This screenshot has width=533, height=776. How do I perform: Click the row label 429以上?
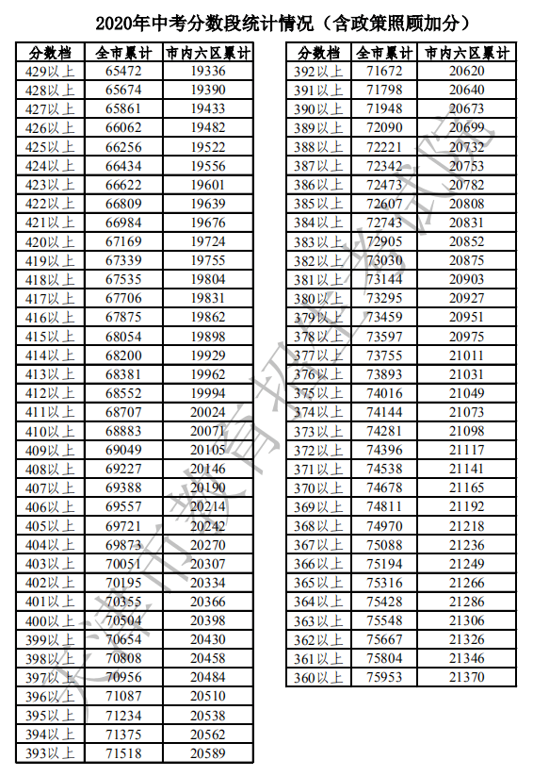(50, 72)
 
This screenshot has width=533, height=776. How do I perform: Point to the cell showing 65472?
(123, 72)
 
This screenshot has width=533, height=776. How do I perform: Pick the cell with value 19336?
(207, 72)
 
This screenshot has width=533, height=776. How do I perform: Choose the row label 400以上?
(50, 620)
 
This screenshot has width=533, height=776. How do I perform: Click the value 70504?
(123, 620)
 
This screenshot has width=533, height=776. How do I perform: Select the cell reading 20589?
(207, 752)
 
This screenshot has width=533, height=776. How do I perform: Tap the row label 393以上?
(50, 752)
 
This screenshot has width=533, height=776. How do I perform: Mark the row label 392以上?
(318, 72)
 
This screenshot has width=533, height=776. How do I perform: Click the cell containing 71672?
(384, 72)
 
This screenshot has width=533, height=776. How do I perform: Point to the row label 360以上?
(318, 677)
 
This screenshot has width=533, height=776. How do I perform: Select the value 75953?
(384, 677)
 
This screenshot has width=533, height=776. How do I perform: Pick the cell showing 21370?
(467, 677)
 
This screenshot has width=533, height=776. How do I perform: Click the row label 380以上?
(318, 298)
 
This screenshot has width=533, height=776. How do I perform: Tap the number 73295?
(384, 298)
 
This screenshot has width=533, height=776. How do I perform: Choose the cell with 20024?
(207, 412)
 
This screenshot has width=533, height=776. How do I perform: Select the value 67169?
(123, 241)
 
